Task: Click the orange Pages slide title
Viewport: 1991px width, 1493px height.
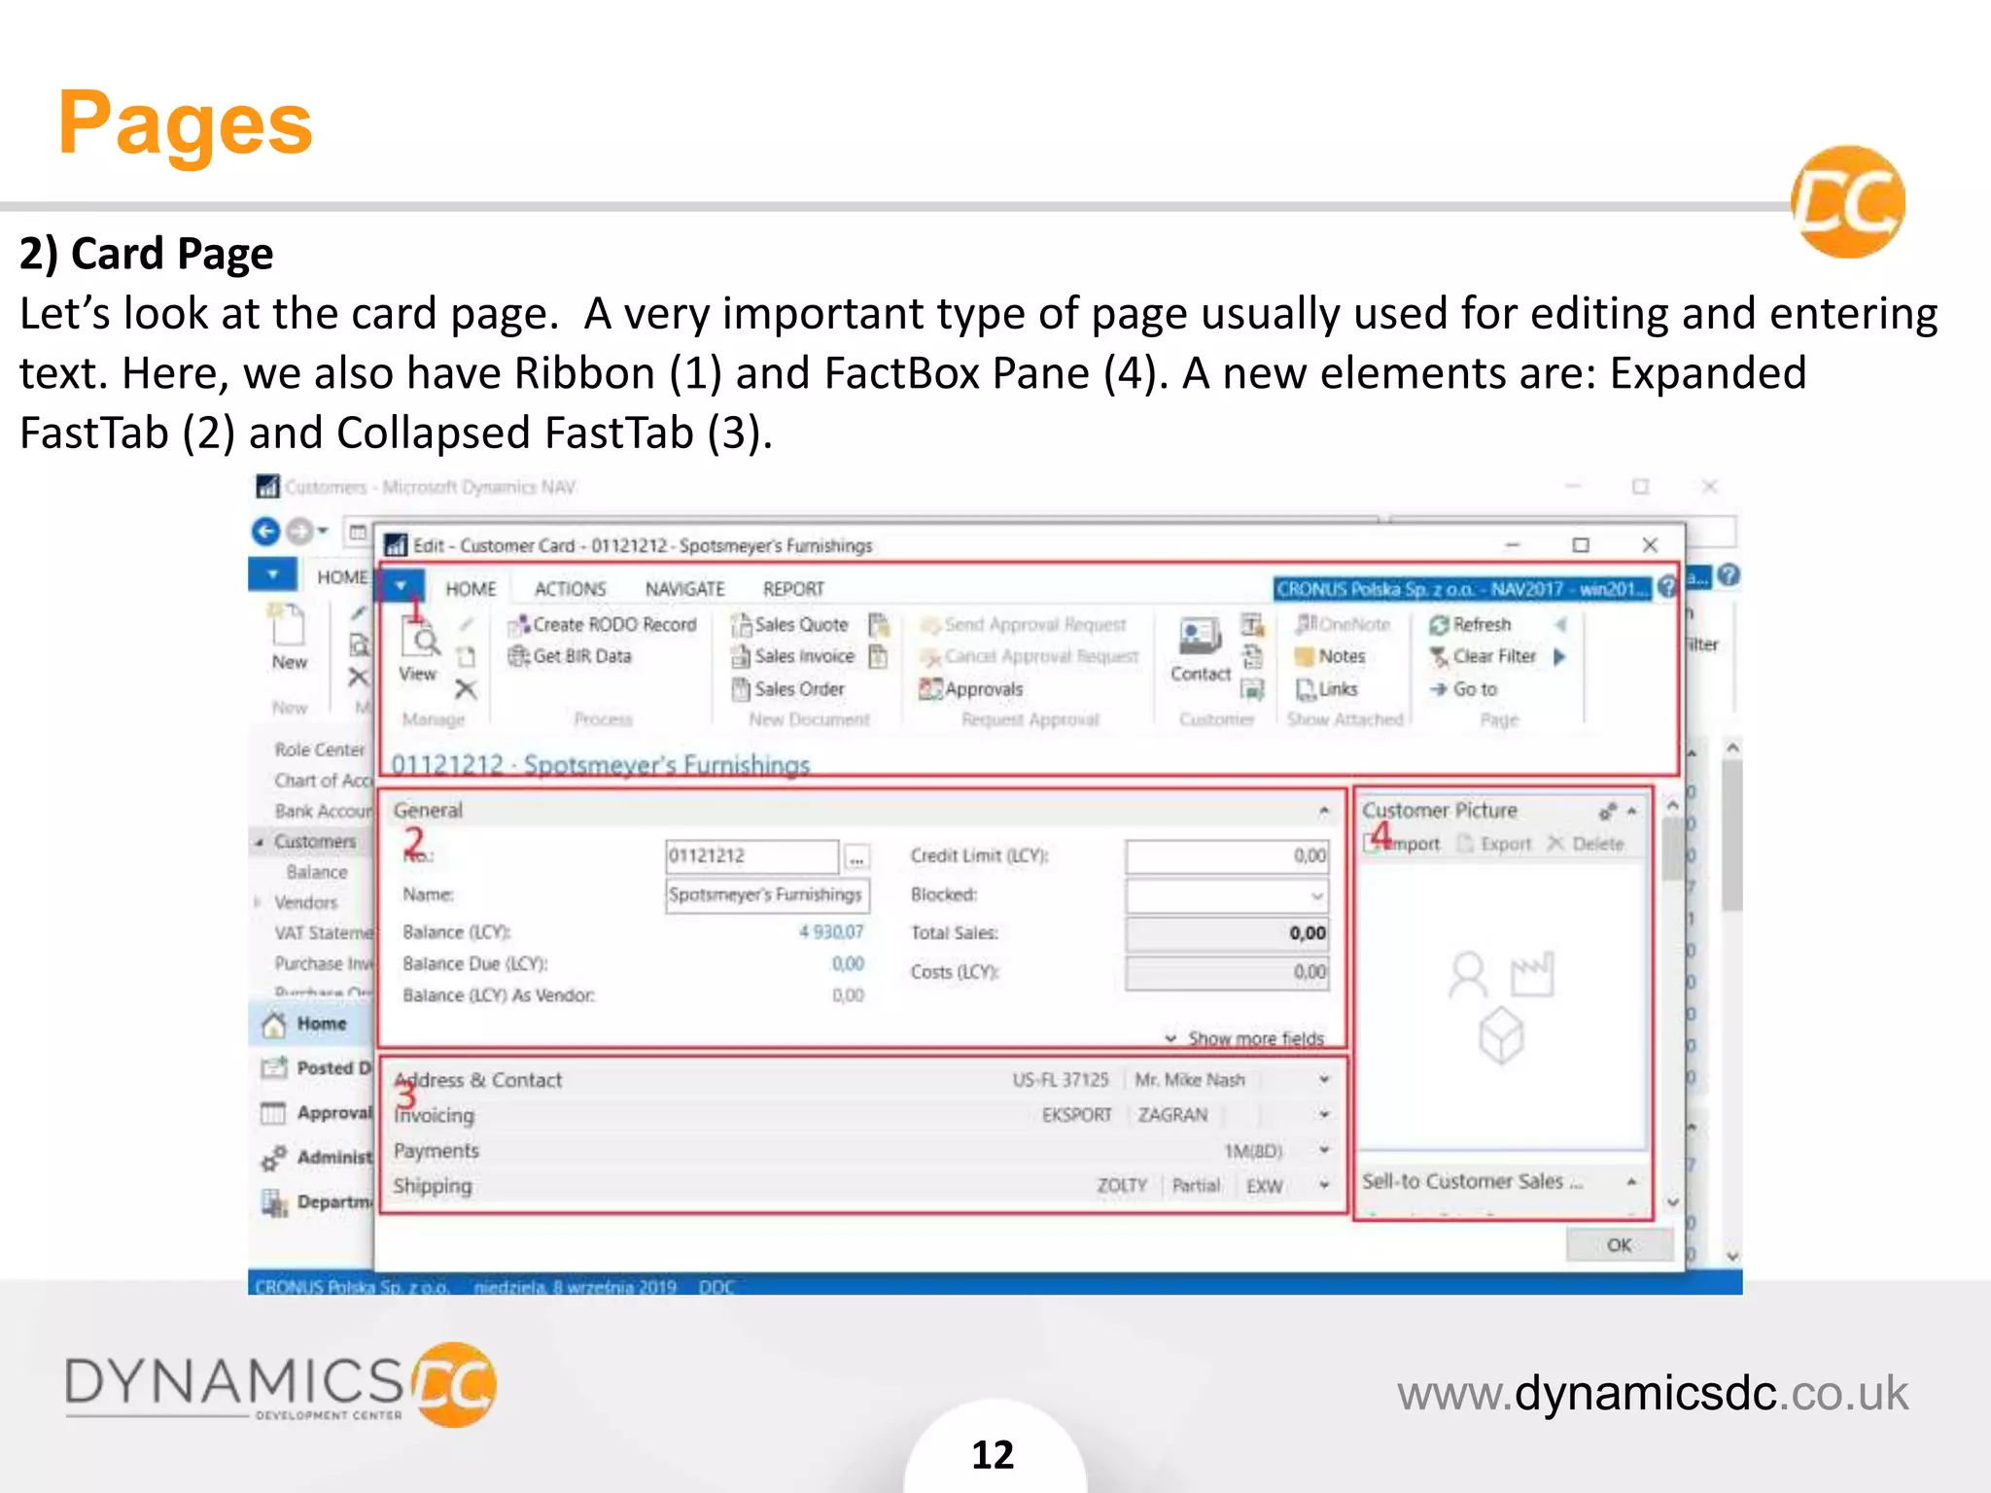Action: [185, 124]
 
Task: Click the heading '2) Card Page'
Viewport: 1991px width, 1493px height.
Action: [146, 254]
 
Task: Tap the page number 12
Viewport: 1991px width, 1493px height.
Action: [993, 1455]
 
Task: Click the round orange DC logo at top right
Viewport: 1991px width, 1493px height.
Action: [1847, 202]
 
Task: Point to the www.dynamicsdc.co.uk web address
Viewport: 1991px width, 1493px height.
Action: [1652, 1393]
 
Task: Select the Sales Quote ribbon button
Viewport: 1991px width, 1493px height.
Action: [799, 625]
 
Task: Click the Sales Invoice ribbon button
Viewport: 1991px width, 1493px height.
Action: [803, 657]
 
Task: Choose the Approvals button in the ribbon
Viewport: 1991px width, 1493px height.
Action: [982, 689]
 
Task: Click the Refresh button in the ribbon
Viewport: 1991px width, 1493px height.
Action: [1481, 625]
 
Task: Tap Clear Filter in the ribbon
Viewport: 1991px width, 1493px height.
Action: [1493, 657]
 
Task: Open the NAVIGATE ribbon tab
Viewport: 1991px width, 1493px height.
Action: [684, 589]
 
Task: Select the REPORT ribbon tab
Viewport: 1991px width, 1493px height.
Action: [793, 589]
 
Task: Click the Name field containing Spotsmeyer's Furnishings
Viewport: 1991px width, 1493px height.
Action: [766, 895]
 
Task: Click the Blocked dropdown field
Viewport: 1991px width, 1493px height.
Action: [1226, 895]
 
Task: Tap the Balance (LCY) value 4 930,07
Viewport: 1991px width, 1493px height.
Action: [830, 932]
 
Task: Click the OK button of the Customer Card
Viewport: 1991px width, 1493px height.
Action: [1619, 1245]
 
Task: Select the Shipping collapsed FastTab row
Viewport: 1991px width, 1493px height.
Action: [433, 1186]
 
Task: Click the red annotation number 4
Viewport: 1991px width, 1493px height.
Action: [1380, 835]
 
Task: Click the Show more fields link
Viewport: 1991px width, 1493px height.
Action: [1254, 1038]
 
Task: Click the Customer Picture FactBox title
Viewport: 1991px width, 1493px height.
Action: [1439, 811]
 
